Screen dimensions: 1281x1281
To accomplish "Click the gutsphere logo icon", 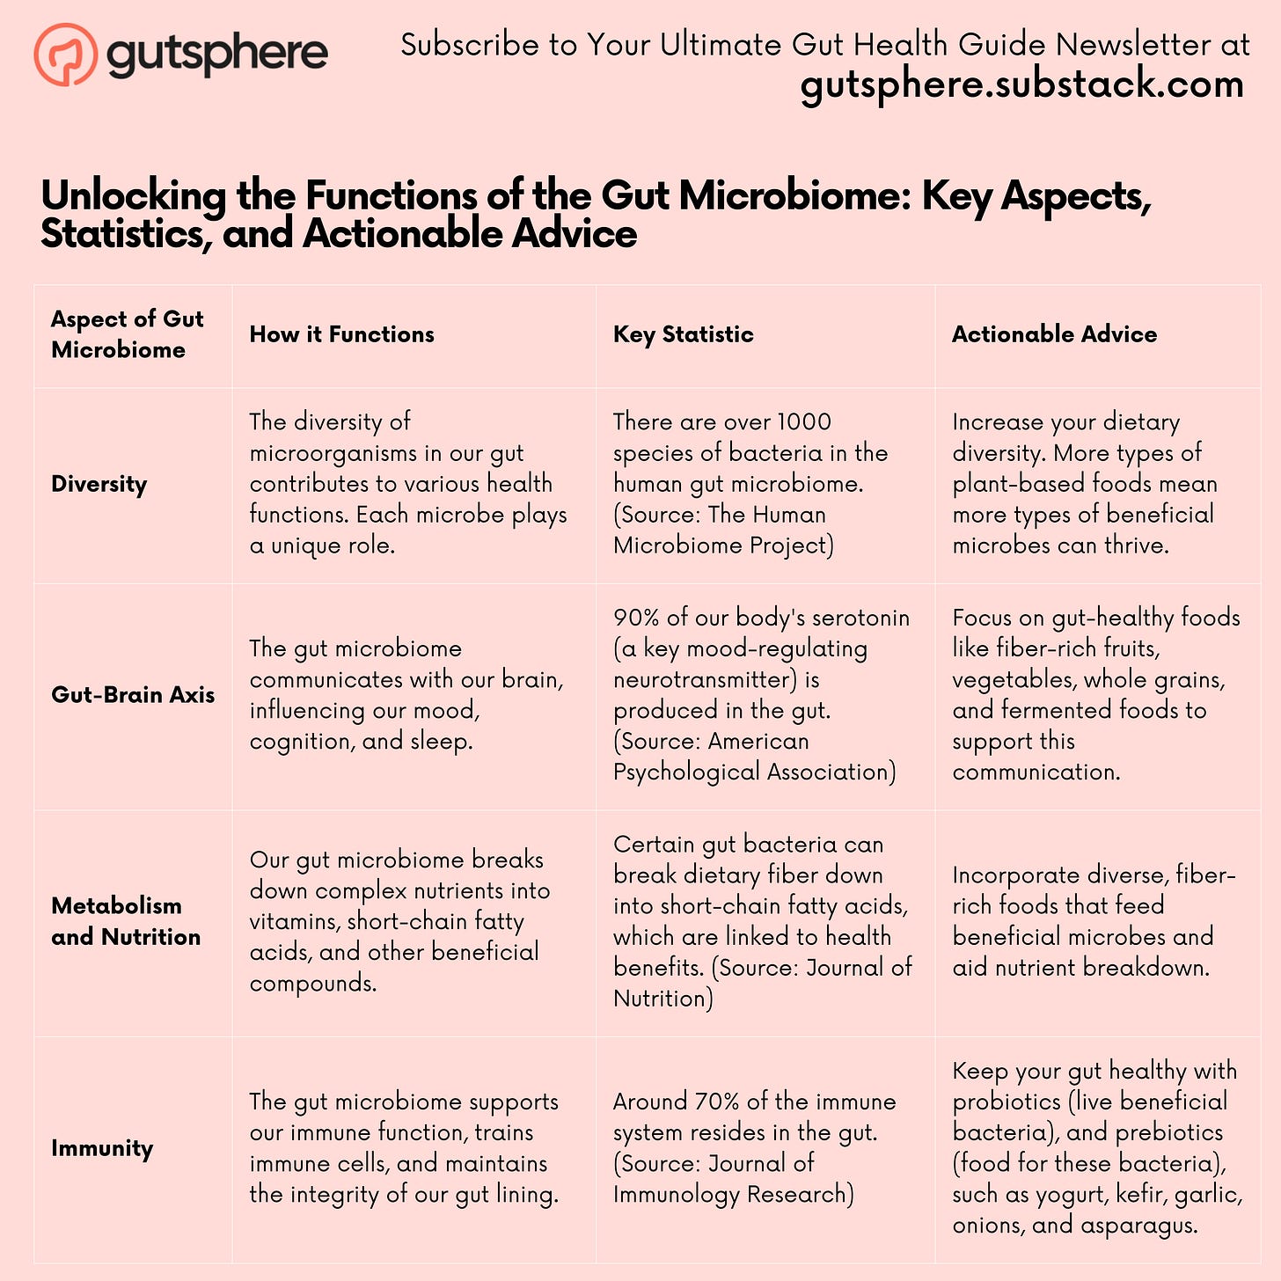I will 65,55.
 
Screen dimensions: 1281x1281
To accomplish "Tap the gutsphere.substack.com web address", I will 1022,85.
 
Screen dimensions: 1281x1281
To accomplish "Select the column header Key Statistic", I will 683,334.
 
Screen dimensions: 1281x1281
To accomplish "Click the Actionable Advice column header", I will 1054,334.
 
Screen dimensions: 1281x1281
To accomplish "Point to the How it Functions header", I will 341,334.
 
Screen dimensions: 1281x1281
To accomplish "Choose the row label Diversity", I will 99,484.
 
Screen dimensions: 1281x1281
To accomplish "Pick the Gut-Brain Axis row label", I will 133,695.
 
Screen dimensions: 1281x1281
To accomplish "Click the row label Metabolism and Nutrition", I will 126,921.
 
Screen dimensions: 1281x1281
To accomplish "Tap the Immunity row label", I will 102,1148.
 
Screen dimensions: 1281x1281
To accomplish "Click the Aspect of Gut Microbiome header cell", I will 127,334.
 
